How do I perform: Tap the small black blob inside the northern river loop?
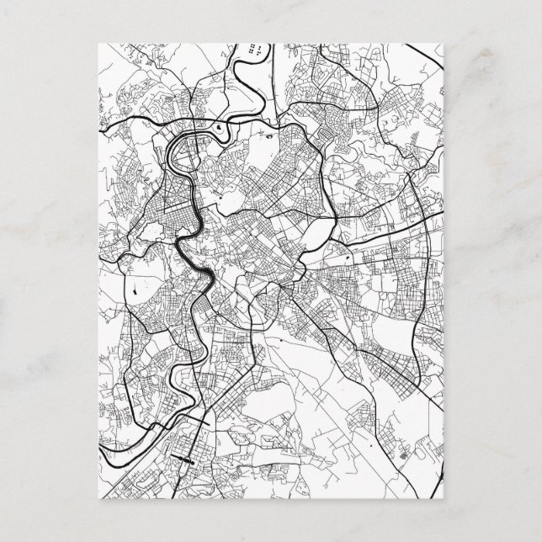point(219,128)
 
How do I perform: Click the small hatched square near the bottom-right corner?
point(409,454)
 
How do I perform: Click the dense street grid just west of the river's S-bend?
point(164,223)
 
